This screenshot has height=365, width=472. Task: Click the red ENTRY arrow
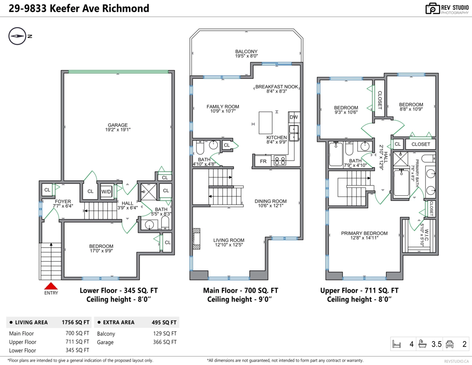tap(51, 286)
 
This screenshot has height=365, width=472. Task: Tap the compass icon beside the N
tap(17, 36)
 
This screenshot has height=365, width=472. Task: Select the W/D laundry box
tap(106, 191)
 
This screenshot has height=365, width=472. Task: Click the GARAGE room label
tap(118, 125)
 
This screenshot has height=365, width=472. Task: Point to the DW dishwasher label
tap(294, 117)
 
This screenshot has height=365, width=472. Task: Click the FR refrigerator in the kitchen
tap(263, 161)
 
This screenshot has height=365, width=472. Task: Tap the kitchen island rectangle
tap(265, 123)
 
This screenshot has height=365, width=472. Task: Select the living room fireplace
tap(196, 239)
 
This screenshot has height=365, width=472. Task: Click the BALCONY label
tap(246, 51)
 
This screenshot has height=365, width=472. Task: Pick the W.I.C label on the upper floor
tap(426, 235)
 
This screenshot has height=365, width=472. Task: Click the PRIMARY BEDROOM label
tap(364, 233)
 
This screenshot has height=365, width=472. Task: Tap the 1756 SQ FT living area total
tap(76, 322)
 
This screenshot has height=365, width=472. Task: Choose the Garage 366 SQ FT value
tap(165, 342)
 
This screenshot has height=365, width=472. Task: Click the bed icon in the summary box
tap(396, 344)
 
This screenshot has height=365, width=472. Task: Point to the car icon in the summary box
tap(450, 344)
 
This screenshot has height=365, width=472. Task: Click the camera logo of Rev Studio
tap(432, 9)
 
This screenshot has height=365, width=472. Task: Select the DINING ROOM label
tap(271, 201)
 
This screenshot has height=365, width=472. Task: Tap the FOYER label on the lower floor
tap(63, 201)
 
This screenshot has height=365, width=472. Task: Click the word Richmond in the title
tap(125, 9)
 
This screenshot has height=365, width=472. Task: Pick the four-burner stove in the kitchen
tap(280, 161)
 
